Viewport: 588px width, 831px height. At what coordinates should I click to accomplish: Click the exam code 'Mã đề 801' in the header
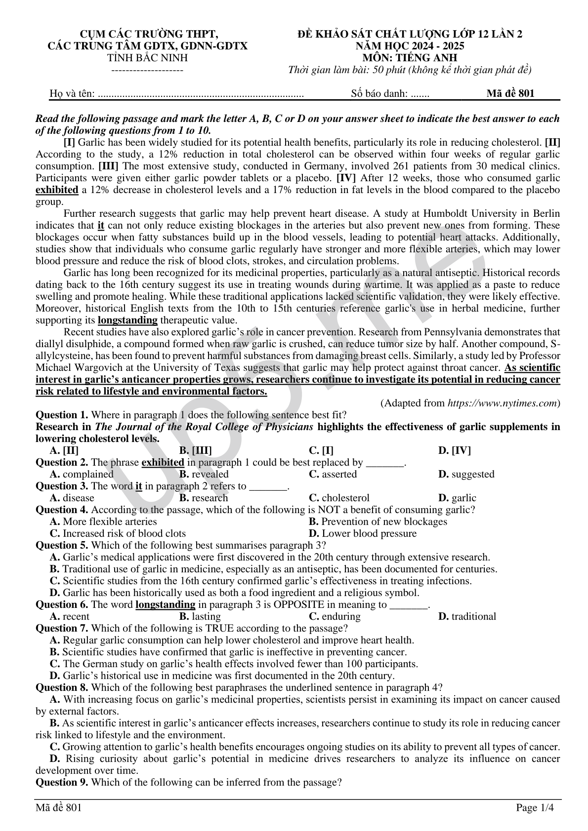[x=510, y=93]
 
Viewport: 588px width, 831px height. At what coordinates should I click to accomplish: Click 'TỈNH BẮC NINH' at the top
[x=147, y=58]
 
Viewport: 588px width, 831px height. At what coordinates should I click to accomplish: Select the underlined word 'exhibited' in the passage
[x=57, y=190]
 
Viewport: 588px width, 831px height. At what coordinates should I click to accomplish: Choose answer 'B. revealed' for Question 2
[x=204, y=475]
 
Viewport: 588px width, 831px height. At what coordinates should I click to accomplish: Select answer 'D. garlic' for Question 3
[x=457, y=498]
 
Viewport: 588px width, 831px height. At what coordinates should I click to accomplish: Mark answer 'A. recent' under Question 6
[x=70, y=617]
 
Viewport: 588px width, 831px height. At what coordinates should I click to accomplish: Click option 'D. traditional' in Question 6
[x=467, y=617]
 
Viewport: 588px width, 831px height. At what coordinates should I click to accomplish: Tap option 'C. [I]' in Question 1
[x=321, y=451]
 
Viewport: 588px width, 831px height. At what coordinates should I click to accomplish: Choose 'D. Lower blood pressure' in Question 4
[x=363, y=534]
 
